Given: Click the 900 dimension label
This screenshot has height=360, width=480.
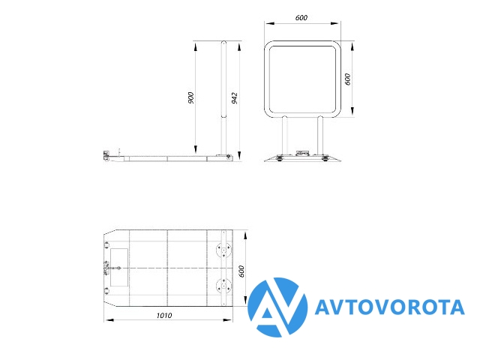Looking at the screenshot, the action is [191, 97].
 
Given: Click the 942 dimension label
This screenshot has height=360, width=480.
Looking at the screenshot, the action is [235, 98].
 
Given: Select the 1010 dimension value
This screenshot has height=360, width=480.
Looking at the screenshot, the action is [164, 315].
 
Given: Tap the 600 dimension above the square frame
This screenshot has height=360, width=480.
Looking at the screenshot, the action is [301, 18].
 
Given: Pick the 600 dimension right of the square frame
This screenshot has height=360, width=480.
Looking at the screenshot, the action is [347, 79].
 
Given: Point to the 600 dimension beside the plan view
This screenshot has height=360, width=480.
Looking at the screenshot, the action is [241, 271].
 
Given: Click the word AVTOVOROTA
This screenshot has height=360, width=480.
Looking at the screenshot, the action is [390, 307].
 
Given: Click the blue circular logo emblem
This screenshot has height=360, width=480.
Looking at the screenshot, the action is [277, 307].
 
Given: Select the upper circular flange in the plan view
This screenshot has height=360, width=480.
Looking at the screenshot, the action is [223, 250].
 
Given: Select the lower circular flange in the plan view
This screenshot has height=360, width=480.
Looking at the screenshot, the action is [223, 286].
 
